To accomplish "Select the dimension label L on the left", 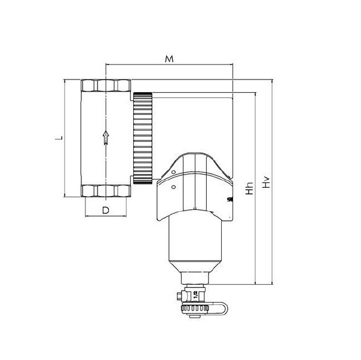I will click(x=58, y=138).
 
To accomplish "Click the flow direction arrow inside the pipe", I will click(x=106, y=138).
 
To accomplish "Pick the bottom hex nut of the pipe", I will click(x=106, y=191).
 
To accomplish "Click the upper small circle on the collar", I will click(x=169, y=173).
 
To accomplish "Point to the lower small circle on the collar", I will click(x=173, y=187).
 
